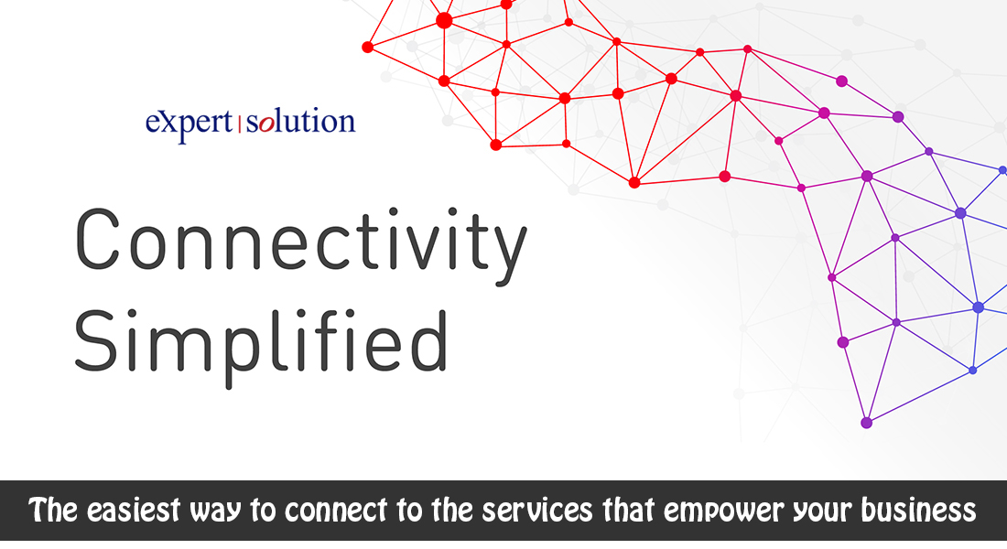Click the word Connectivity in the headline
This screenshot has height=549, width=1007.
tap(300, 244)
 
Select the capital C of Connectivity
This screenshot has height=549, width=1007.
tap(97, 238)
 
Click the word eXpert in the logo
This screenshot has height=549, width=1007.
tap(189, 123)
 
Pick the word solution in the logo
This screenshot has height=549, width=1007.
tap(300, 121)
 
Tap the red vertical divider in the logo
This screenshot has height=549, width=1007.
tap(240, 124)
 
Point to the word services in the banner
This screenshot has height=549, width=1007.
tap(536, 511)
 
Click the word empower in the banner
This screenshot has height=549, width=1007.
tap(723, 512)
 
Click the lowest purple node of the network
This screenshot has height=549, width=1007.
tap(866, 423)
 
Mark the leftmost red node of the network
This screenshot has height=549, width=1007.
tap(367, 47)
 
